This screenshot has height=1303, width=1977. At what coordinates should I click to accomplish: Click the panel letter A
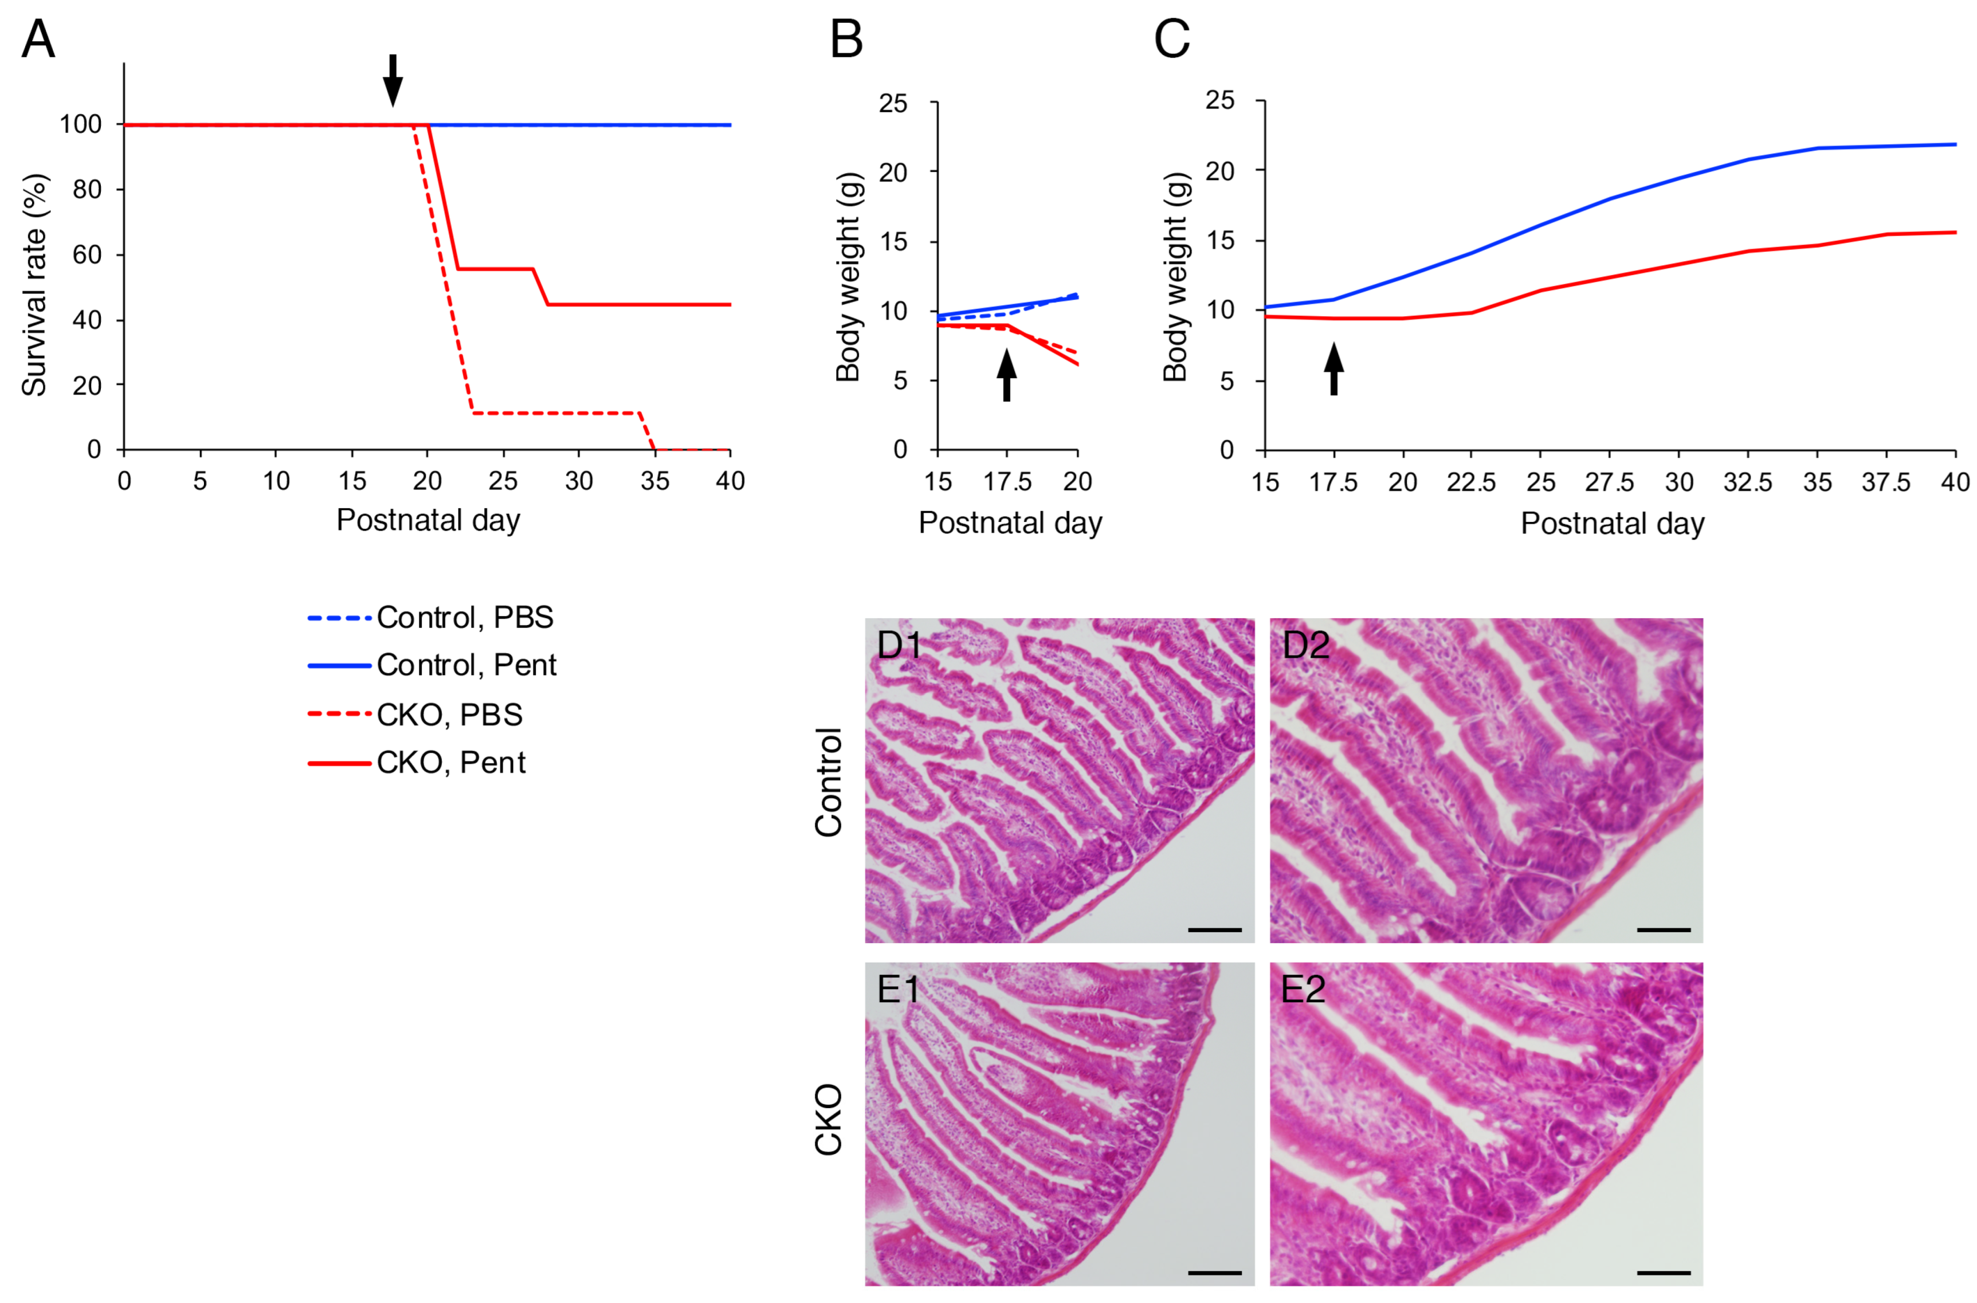click(x=38, y=39)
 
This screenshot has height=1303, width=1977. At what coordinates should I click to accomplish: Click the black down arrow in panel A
click(x=392, y=80)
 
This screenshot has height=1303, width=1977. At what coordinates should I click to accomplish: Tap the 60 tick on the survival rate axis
click(x=87, y=255)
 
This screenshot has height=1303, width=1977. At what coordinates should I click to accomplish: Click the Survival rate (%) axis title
click(x=35, y=285)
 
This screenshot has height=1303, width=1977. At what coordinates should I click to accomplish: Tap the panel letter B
click(x=846, y=39)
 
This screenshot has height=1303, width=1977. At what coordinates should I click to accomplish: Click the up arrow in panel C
click(x=1334, y=369)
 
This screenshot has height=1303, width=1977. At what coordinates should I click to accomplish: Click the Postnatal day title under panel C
click(x=1612, y=524)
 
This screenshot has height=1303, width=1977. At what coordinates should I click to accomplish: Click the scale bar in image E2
click(x=1664, y=1272)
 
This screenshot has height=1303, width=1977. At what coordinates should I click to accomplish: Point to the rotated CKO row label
click(x=829, y=1120)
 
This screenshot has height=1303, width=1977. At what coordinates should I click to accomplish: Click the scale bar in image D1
click(x=1214, y=930)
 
